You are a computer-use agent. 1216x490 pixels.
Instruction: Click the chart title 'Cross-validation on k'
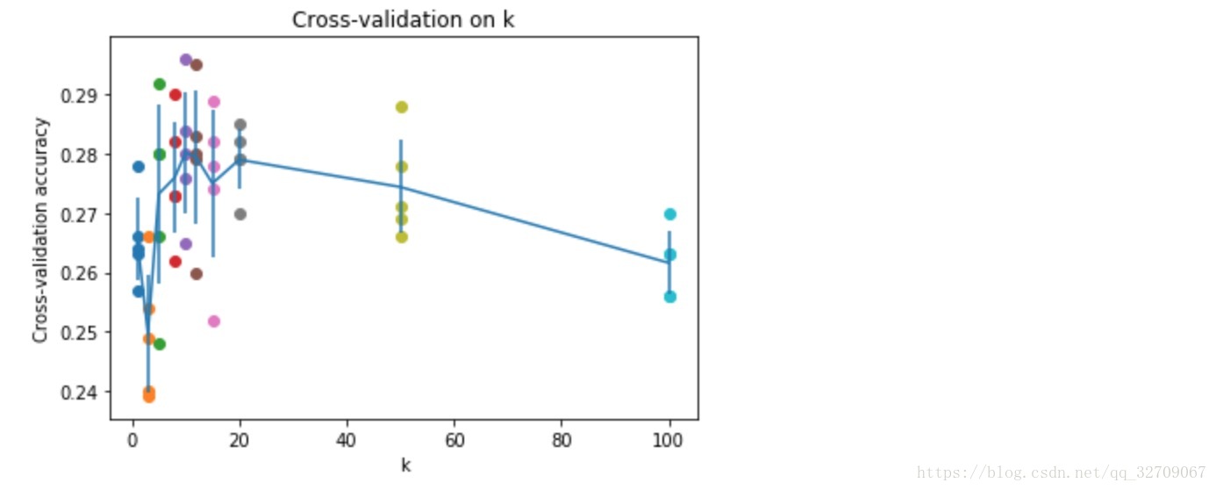tap(403, 20)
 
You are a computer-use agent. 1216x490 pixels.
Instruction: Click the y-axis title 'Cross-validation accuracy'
tap(40, 230)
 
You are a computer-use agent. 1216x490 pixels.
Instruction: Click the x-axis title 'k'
tap(405, 465)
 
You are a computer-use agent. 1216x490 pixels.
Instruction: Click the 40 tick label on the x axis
tap(347, 439)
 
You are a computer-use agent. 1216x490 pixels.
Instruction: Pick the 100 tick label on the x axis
tap(669, 439)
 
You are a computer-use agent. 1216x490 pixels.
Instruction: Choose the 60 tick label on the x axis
tap(454, 439)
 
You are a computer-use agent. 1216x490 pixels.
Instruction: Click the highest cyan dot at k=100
tap(670, 214)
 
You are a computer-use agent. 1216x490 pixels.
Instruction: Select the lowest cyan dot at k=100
tap(670, 297)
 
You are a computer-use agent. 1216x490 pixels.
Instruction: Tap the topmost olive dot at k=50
tap(402, 107)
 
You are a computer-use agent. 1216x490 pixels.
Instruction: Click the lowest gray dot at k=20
tap(240, 214)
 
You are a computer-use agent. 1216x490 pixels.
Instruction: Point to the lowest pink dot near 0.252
tap(213, 321)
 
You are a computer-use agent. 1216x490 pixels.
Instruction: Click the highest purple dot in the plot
tap(186, 60)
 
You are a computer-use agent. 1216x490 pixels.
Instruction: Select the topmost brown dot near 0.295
tap(197, 65)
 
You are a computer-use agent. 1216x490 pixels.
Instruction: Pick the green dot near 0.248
tap(160, 344)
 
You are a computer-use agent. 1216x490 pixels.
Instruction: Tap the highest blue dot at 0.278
tap(138, 167)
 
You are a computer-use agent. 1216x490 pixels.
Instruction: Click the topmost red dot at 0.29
tap(175, 95)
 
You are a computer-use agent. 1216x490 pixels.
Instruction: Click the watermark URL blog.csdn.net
tap(1062, 472)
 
